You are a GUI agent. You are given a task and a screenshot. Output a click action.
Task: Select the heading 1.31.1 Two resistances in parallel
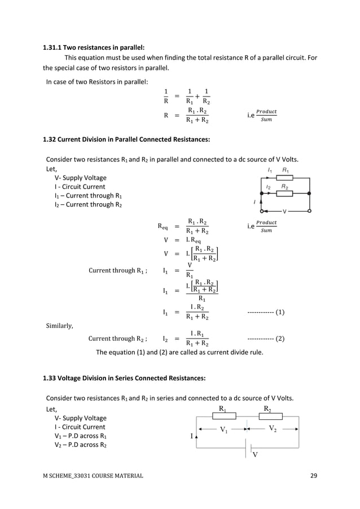[x=94, y=47]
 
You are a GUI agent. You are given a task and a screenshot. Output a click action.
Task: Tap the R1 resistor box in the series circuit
[x=223, y=416]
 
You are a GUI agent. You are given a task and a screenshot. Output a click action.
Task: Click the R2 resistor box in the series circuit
[x=270, y=416]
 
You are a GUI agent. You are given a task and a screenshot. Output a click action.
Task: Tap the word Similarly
[x=59, y=326]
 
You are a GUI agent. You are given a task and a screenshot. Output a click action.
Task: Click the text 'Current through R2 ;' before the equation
[x=118, y=339]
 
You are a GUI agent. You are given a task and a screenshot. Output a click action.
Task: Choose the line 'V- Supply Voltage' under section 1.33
[x=80, y=418]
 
